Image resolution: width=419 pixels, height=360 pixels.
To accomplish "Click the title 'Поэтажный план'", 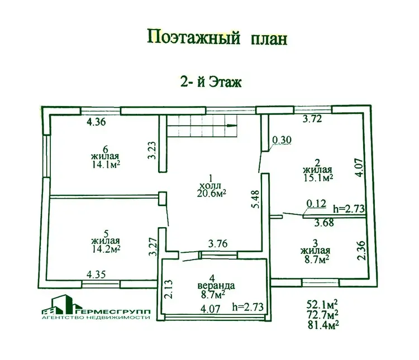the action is tap(217, 37).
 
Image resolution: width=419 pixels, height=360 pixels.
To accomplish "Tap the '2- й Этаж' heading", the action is tap(211, 81).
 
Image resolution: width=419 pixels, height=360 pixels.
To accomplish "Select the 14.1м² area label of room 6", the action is tap(106, 164).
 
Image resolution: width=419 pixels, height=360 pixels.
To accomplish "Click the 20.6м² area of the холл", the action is tap(212, 193).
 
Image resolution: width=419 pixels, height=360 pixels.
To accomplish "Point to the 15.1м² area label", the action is tap(318, 177).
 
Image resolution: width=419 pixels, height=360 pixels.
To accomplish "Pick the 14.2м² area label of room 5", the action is tap(106, 248).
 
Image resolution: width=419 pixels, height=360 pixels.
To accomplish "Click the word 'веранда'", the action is tap(216, 286).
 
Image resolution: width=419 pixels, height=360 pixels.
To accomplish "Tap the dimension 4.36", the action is tap(96, 122).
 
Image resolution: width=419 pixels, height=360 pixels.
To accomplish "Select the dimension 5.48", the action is tap(255, 199).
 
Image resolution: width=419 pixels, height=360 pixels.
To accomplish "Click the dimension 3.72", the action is tap(312, 118).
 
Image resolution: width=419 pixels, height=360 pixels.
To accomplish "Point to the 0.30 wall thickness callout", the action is tap(282, 140).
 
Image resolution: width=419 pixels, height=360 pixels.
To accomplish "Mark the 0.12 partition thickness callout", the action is tap(316, 204).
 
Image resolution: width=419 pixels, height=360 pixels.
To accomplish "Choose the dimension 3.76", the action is tap(218, 243).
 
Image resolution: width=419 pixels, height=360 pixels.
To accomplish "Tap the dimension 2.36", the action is tap(361, 250).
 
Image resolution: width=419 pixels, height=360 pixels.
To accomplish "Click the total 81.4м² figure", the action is tap(323, 325).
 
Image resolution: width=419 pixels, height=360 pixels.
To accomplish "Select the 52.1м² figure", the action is tap(322, 304).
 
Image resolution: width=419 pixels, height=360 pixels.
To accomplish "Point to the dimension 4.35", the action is tap(96, 274).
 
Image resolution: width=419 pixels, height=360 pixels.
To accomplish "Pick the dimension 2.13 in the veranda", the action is tap(169, 289).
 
